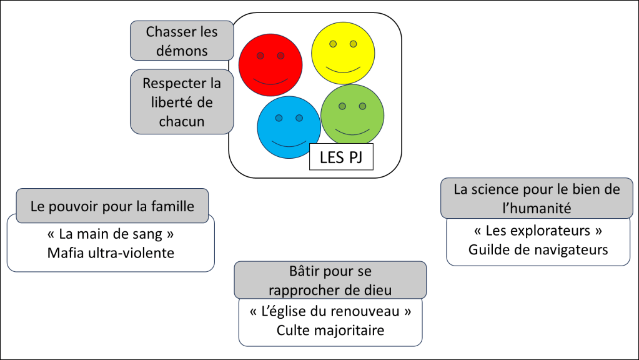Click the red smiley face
point(270,65)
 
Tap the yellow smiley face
point(343,52)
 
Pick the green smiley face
point(352,114)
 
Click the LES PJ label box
point(341,157)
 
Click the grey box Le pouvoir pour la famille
point(112,206)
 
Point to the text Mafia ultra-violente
point(111,253)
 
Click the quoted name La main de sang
point(111,235)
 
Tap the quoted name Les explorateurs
point(538,231)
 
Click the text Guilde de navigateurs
point(538,249)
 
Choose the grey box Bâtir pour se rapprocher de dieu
point(330,280)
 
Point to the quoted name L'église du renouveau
point(330,311)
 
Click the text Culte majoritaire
point(330,329)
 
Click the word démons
point(182,51)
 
